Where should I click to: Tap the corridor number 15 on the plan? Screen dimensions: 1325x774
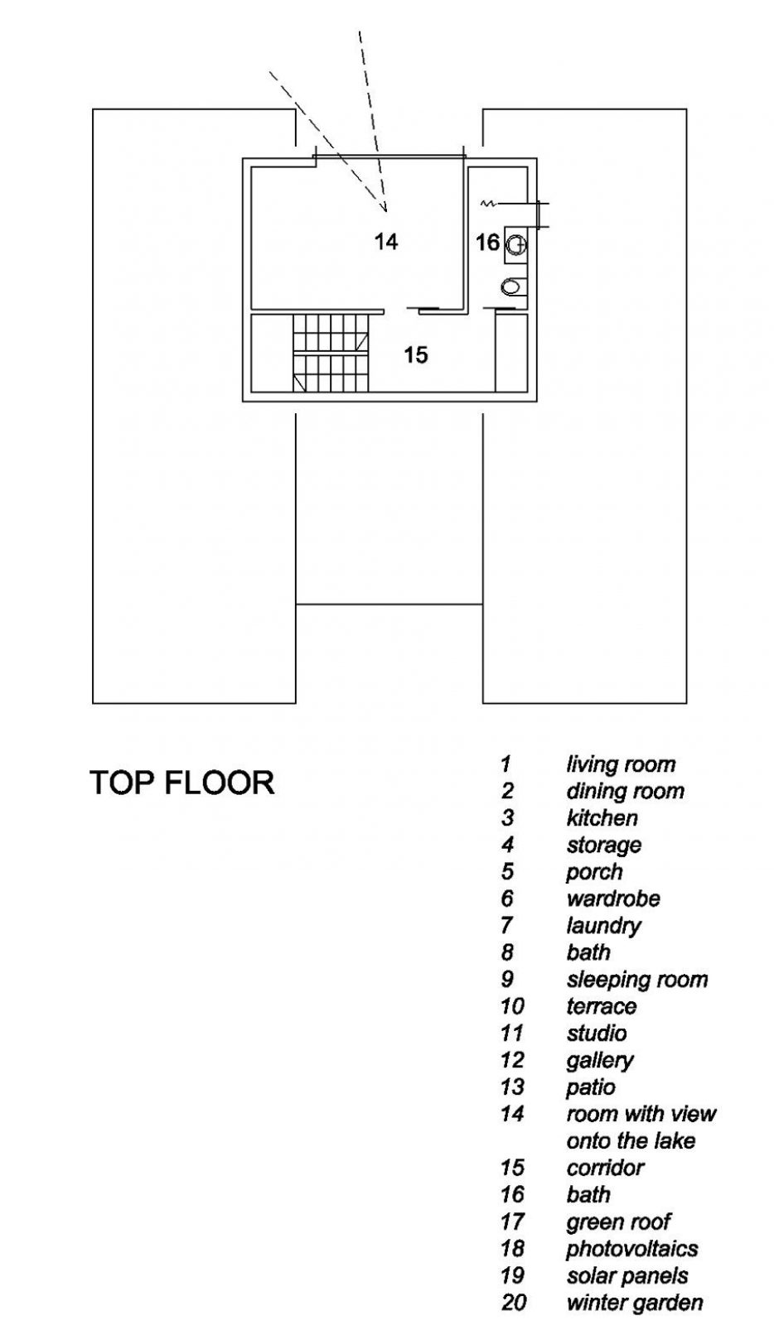click(x=416, y=354)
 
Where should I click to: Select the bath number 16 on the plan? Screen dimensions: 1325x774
click(x=487, y=242)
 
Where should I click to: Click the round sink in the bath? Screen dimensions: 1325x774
click(x=516, y=245)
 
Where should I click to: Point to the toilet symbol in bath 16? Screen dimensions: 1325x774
click(x=514, y=287)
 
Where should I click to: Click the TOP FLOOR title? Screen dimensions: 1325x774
click(x=182, y=783)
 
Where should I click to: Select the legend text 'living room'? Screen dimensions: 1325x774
click(x=621, y=764)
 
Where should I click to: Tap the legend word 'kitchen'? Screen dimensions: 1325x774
click(x=602, y=818)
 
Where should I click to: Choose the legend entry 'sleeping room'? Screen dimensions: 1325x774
click(x=636, y=980)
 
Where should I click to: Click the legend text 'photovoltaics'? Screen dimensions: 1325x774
click(x=632, y=1249)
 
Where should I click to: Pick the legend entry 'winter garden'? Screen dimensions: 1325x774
click(x=635, y=1303)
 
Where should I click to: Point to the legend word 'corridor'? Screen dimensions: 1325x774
click(x=605, y=1168)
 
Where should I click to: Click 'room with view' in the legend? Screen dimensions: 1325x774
click(x=641, y=1114)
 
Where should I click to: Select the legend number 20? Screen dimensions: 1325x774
click(x=513, y=1303)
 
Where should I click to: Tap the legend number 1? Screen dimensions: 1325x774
click(x=506, y=764)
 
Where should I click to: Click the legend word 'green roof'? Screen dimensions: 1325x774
click(x=618, y=1221)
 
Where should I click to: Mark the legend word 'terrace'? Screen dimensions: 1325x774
click(x=602, y=1006)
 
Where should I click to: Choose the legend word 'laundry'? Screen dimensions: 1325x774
click(x=604, y=926)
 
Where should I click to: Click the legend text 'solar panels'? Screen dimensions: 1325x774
click(x=627, y=1275)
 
